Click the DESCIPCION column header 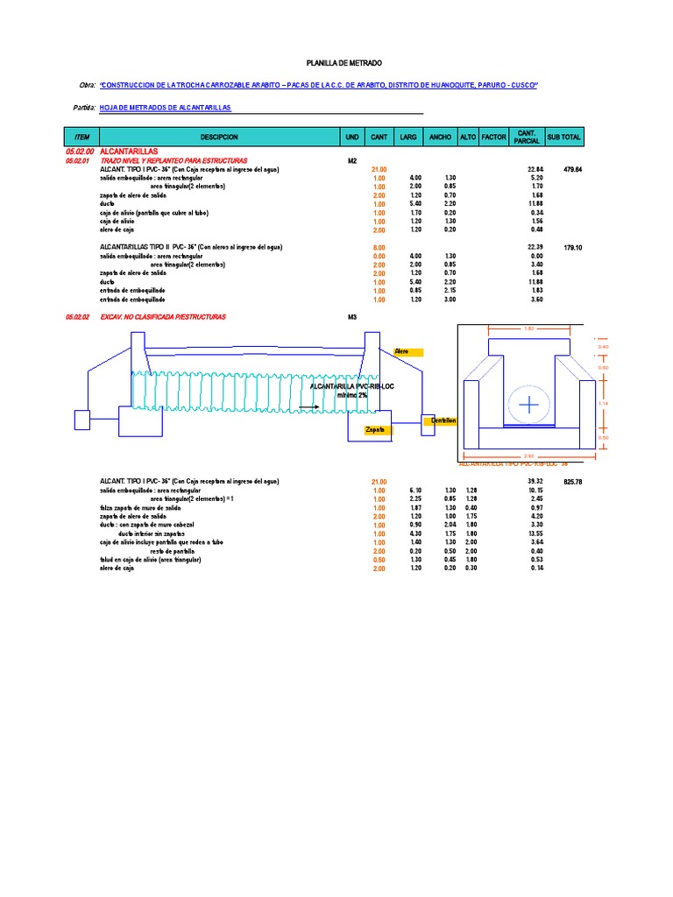[219, 138]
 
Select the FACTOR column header [494, 138]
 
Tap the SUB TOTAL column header [563, 138]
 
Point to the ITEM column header [82, 138]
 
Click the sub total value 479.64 [573, 169]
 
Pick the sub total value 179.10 [573, 248]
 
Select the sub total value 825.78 [573, 483]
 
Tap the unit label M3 [353, 316]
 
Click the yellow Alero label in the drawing [407, 352]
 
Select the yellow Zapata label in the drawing [378, 430]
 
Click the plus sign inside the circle [528, 404]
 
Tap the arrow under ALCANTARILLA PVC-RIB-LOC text [307, 406]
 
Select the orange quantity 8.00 [379, 248]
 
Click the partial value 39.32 [535, 483]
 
